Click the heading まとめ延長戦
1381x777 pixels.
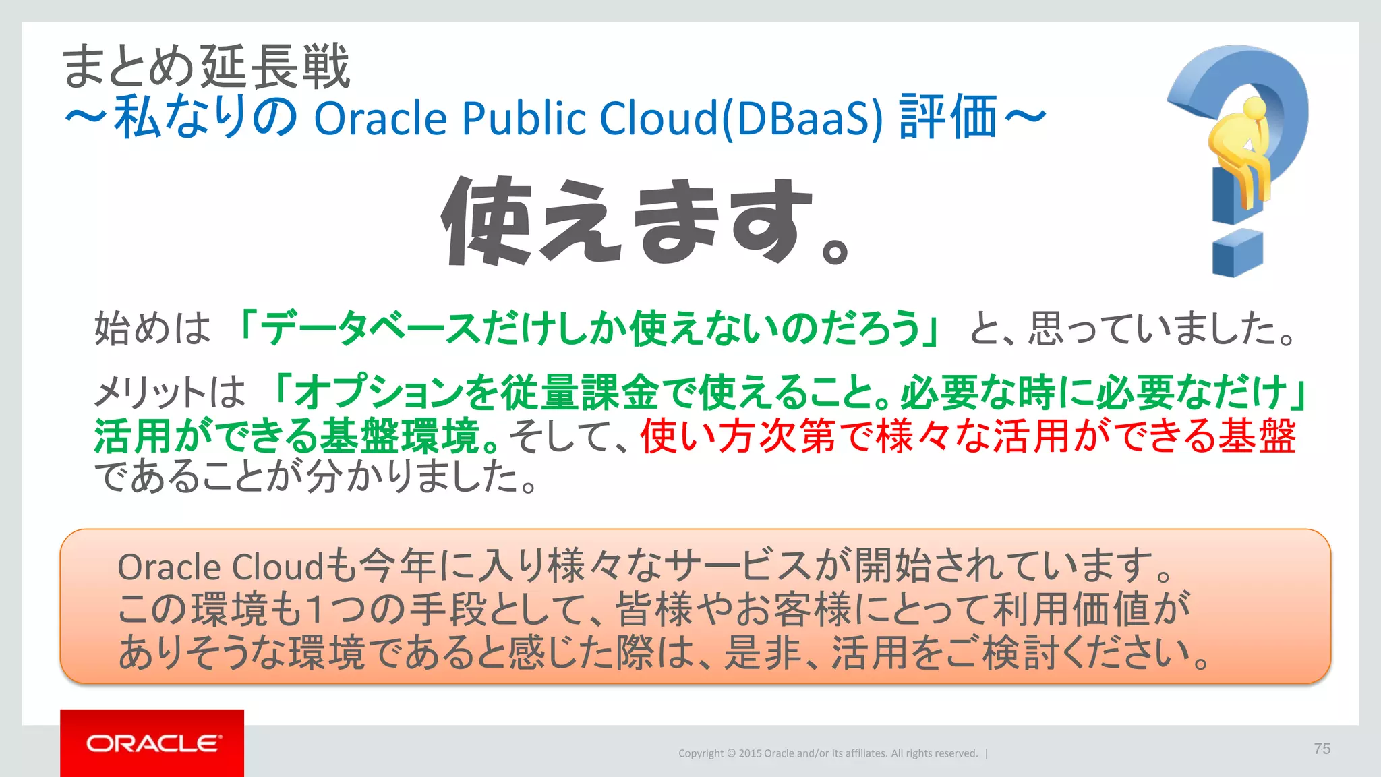206,67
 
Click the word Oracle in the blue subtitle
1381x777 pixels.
380,118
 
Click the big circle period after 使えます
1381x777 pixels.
835,253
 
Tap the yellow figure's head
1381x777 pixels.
1254,108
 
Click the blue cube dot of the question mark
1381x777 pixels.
1237,254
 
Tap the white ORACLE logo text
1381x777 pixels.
153,743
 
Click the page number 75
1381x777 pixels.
1322,749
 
